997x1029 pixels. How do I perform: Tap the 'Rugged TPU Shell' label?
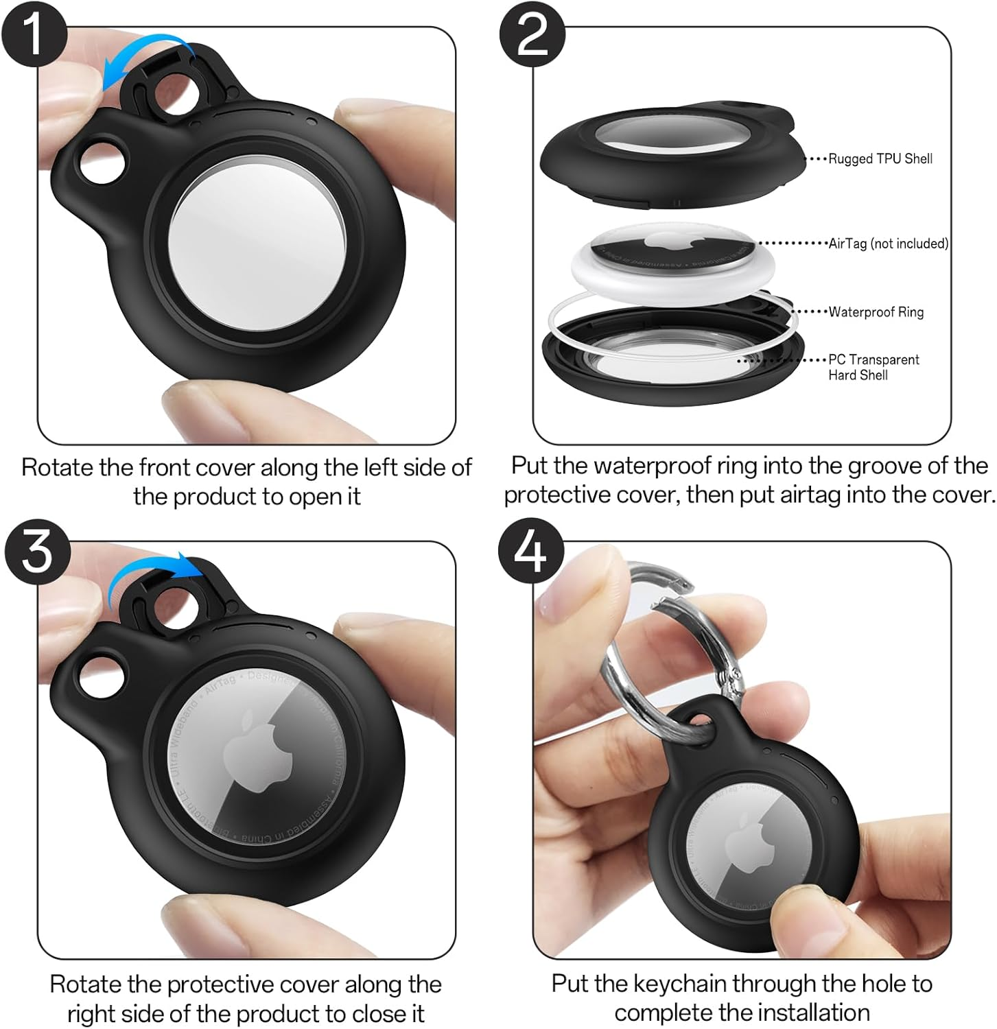[880, 158]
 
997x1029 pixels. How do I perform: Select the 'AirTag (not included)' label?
[888, 244]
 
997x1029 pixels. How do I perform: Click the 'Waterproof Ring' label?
[876, 312]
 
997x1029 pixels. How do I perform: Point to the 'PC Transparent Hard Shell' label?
[873, 367]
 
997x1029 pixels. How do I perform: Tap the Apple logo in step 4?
[744, 840]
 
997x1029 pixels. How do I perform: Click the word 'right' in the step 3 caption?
[92, 1013]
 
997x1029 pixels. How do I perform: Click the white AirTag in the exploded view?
[672, 264]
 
